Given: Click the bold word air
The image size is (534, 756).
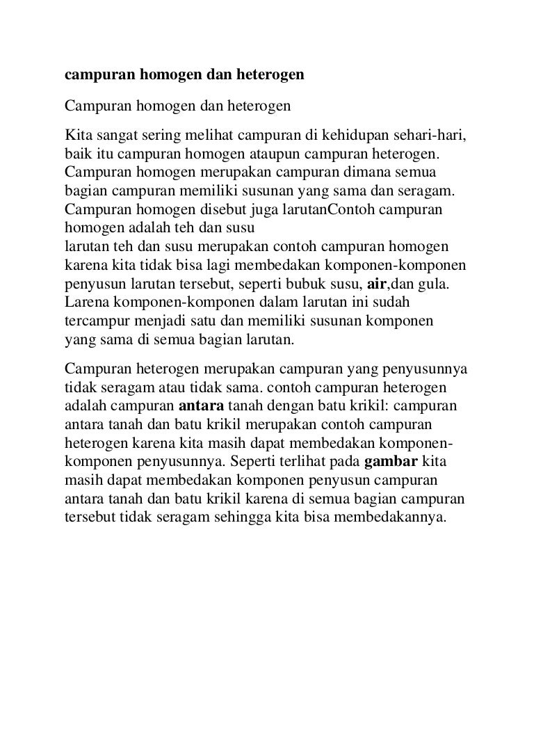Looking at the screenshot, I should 376,284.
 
